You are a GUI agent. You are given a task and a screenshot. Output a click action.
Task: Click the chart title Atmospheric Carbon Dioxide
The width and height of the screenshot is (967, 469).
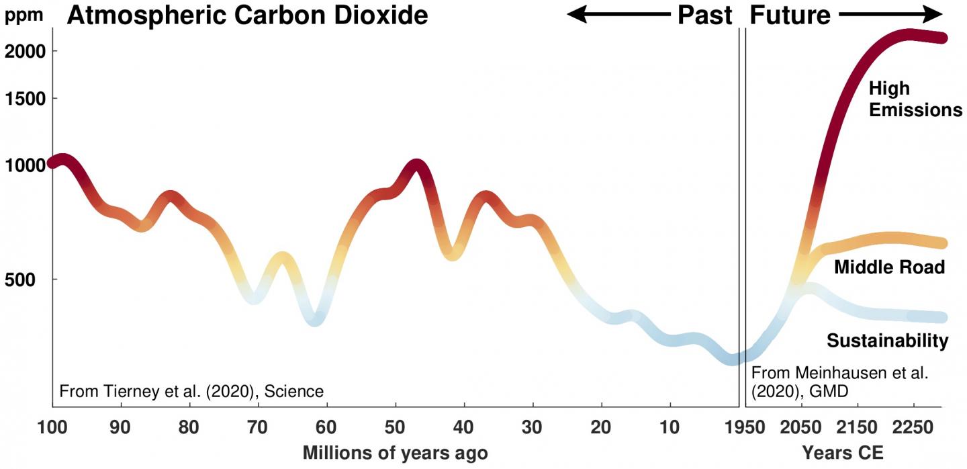click(x=247, y=15)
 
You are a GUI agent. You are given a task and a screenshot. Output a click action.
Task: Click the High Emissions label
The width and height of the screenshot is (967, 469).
click(x=915, y=99)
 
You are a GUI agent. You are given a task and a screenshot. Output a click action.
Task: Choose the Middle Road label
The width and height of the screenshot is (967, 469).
click(x=889, y=267)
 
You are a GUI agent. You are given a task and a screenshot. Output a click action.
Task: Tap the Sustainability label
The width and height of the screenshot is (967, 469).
click(x=887, y=341)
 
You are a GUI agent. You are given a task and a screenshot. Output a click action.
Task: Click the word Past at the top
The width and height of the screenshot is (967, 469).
click(x=704, y=15)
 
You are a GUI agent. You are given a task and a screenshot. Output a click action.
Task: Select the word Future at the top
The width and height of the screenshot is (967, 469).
click(x=790, y=15)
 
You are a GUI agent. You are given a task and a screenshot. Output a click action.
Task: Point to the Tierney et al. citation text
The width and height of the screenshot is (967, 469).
click(x=192, y=391)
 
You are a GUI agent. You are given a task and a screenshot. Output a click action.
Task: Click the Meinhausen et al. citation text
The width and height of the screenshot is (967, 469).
click(x=839, y=382)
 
